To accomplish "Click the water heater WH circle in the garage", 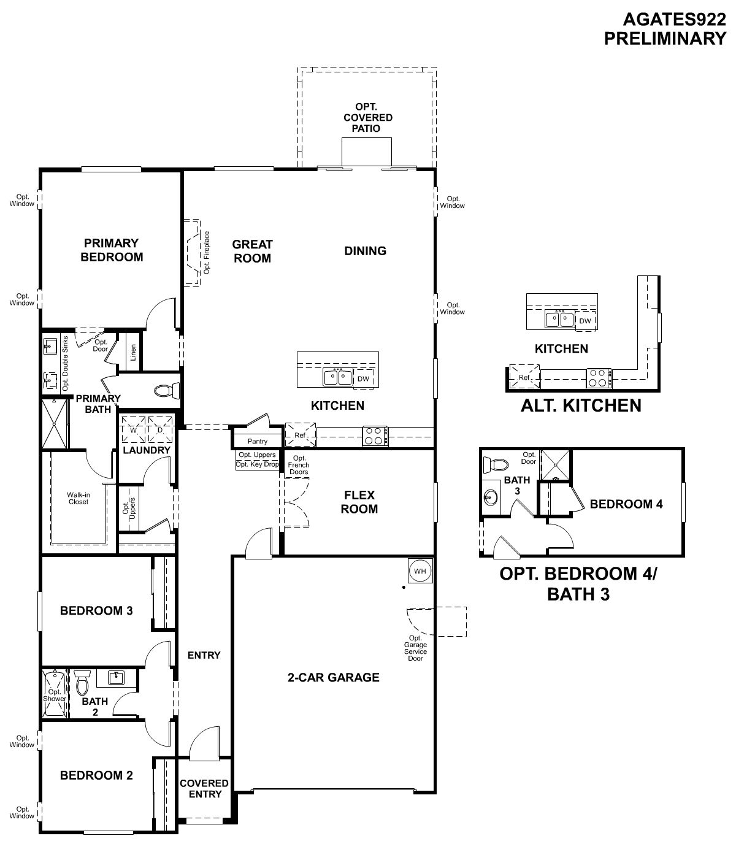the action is (x=420, y=571).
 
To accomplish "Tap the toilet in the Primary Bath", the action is (x=167, y=390).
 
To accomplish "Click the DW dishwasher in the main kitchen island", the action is (x=363, y=378).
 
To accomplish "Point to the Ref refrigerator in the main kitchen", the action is (x=301, y=435).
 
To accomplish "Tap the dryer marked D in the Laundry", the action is (x=160, y=429).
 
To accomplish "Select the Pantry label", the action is (x=257, y=441).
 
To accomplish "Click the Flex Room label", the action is (x=359, y=502).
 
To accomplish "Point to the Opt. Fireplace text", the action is (x=207, y=252).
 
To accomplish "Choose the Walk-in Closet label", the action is (x=79, y=498).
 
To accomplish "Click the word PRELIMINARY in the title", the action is (x=665, y=39).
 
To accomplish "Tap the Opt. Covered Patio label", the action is (x=368, y=118).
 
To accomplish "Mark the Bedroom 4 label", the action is (x=626, y=504).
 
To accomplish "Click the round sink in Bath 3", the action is (x=490, y=497).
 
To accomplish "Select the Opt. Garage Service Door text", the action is (x=415, y=648).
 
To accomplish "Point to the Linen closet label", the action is (x=132, y=352).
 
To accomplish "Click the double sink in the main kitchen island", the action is (x=338, y=377).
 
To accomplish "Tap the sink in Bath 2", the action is (x=117, y=678).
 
